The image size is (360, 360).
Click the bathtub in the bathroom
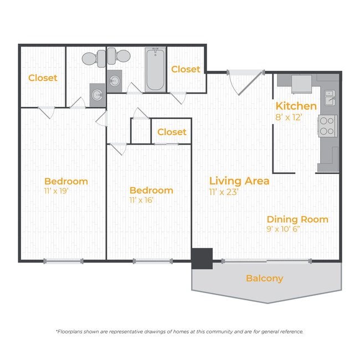click(x=156, y=70)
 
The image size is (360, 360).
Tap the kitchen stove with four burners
click(x=328, y=126)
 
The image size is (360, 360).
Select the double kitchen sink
click(x=330, y=97)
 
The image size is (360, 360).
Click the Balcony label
click(x=265, y=278)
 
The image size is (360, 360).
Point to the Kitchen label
click(x=296, y=106)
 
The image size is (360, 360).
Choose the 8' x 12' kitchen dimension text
click(x=289, y=117)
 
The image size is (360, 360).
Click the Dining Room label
click(x=297, y=219)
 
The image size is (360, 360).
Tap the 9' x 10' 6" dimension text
click(x=284, y=229)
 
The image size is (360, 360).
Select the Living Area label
click(x=239, y=181)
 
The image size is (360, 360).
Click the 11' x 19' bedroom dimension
click(x=56, y=191)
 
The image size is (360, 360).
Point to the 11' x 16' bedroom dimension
click(x=141, y=200)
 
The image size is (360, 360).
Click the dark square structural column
click(x=202, y=259)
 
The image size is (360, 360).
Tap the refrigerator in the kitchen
click(x=301, y=84)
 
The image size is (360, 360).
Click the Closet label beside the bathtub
click(x=186, y=69)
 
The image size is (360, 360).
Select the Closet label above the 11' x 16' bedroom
click(x=172, y=132)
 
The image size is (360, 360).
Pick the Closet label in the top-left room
click(x=43, y=78)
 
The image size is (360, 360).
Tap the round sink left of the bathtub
click(x=114, y=81)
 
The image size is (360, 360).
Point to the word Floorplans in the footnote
click(x=69, y=332)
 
